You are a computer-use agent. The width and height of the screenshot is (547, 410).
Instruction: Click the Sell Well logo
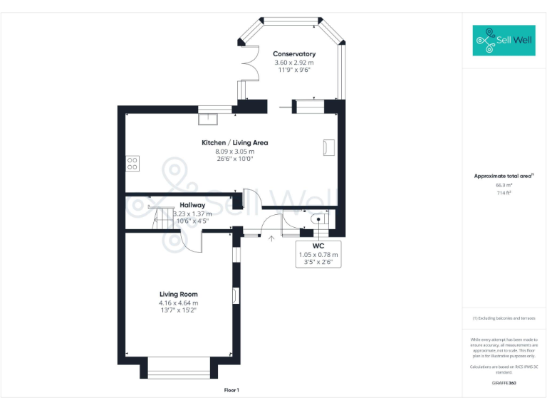click(504, 41)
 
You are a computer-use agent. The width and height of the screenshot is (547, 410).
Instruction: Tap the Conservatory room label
click(294, 54)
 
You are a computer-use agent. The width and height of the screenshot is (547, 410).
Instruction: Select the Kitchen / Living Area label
click(234, 142)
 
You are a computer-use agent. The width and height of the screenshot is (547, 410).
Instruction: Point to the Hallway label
click(192, 205)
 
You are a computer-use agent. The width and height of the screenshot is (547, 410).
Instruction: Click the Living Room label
click(178, 294)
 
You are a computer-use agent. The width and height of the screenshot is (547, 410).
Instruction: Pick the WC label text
click(318, 246)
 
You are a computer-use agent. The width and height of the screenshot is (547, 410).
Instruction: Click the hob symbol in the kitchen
click(132, 164)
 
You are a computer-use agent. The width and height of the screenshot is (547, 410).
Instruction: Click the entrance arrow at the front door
click(271, 238)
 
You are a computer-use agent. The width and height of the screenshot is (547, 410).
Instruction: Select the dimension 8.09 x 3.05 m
click(234, 151)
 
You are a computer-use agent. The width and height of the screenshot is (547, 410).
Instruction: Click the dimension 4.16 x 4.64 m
click(178, 303)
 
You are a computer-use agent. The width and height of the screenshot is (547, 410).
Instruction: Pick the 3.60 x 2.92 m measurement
click(294, 63)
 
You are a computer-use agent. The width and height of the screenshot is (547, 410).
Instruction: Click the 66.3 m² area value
click(504, 185)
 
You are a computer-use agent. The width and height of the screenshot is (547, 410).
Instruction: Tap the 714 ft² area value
click(504, 193)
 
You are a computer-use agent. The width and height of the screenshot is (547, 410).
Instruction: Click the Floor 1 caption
click(232, 390)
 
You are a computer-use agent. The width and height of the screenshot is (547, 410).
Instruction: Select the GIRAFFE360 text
click(504, 383)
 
